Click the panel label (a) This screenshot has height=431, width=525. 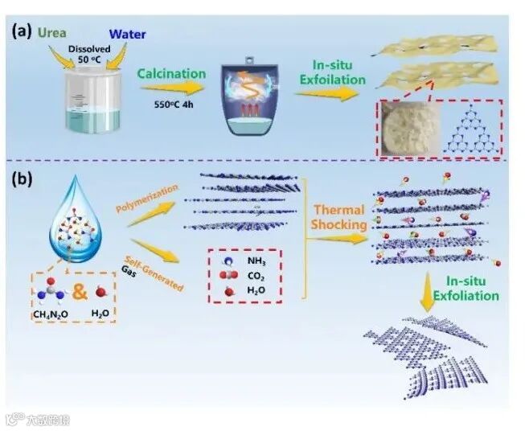23,32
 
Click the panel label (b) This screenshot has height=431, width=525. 23,179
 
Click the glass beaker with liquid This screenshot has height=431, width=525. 92,104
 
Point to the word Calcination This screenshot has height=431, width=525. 172,74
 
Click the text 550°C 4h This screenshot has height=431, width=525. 176,105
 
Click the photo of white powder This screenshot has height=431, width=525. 408,126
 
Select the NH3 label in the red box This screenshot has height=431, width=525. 256,262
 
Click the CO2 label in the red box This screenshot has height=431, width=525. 257,277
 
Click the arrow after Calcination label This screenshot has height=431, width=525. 172,89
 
